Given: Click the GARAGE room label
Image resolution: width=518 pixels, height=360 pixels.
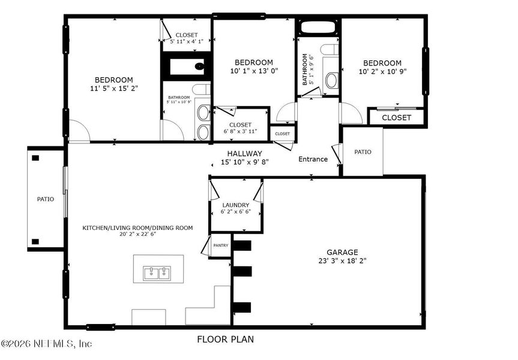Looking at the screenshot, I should [x=342, y=253].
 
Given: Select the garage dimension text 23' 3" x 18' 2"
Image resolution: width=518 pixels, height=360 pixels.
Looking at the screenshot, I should [x=342, y=262].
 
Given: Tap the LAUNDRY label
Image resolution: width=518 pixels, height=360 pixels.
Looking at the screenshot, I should [x=235, y=205].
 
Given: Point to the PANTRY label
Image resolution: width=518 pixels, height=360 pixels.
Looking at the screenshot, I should [x=221, y=245].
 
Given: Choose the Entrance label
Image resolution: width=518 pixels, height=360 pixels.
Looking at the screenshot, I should [x=313, y=159].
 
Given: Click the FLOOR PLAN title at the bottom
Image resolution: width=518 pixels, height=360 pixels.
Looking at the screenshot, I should [x=225, y=340].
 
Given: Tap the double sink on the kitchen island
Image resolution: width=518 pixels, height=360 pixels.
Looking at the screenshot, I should [x=158, y=274].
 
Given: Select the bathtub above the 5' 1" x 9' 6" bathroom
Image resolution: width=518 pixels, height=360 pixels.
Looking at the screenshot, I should [x=318, y=27].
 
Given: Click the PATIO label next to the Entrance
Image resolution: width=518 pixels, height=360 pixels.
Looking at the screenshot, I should [x=363, y=152].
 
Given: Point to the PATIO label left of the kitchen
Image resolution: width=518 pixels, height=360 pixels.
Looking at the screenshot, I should [x=46, y=199].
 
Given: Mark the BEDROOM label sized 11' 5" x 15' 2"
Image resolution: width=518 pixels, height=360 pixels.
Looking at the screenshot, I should [x=113, y=80].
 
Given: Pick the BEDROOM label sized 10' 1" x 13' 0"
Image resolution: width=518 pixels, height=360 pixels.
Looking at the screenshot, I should [x=253, y=62].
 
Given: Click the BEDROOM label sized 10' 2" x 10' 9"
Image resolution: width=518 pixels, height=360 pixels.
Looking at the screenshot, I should [x=382, y=63].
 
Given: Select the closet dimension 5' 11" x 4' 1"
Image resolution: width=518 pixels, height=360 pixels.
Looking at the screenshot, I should [x=187, y=41].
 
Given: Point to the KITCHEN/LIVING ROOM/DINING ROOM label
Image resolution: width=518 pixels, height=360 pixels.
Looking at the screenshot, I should [x=137, y=227].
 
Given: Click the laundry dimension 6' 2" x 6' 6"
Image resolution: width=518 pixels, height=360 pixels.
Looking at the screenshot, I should [x=235, y=212].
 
